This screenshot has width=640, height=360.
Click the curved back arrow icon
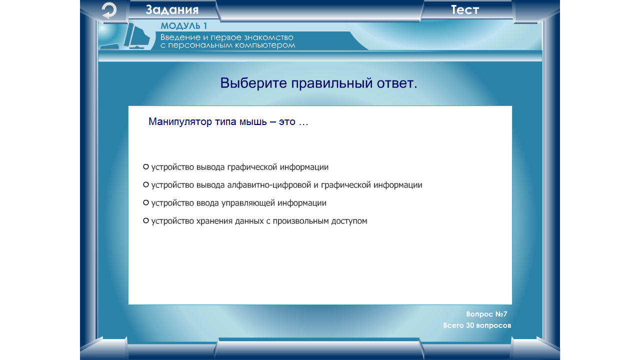coord(109,10)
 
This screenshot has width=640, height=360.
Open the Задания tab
coord(172,9)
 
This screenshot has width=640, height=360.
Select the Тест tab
coord(465,9)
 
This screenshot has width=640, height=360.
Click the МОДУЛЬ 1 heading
coord(183,25)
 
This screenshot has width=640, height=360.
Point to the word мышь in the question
coord(253,121)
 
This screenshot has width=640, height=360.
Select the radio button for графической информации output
coord(145,166)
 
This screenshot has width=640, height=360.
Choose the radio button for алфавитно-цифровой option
coord(145,184)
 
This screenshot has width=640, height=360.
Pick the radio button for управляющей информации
coord(145,202)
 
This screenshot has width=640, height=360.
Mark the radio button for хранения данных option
coord(145,220)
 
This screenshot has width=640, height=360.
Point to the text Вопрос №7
coord(486,314)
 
